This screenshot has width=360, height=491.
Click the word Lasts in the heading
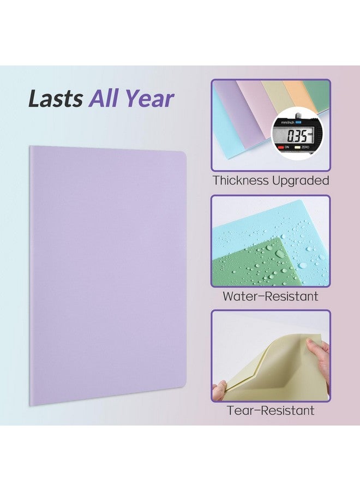pos(56,99)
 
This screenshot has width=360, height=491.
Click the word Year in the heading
pos(149,99)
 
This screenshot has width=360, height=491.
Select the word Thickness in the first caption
pos(241,181)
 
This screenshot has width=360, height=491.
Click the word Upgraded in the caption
pos(301,182)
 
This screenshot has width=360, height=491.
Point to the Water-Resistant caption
pos(271,296)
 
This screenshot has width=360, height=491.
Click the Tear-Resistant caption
pos(271,410)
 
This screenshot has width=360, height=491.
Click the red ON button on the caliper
pos(280,147)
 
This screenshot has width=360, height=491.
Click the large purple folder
pos(108,276)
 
